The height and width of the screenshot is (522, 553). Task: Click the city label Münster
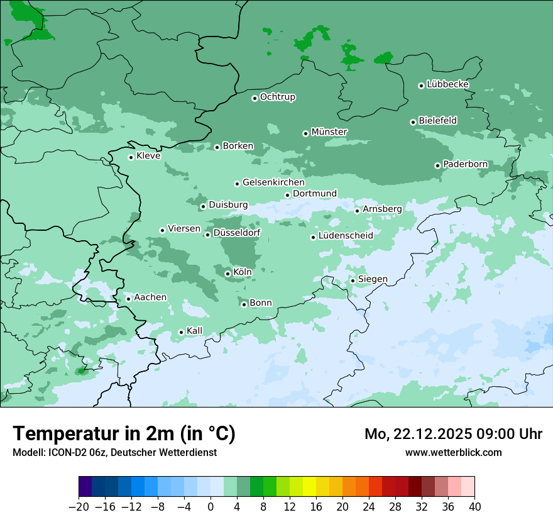(329, 132)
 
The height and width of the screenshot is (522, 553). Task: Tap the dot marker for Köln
(227, 274)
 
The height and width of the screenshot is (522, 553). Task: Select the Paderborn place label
(466, 164)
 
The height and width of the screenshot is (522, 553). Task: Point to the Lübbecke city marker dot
(421, 86)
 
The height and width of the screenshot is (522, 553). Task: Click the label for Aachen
(150, 297)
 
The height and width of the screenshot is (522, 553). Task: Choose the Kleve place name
(148, 156)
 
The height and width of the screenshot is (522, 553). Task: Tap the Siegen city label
(373, 279)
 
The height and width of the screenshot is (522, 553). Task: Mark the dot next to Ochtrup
(255, 98)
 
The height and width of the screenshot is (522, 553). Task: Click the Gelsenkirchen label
(273, 182)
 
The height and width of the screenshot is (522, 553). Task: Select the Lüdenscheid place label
(346, 236)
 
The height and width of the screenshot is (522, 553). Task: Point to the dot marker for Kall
(181, 332)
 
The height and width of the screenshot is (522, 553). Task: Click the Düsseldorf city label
(237, 233)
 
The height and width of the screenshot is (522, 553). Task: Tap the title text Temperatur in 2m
(124, 434)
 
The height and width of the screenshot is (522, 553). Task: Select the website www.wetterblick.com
(454, 452)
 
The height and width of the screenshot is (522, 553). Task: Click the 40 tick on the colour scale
(474, 507)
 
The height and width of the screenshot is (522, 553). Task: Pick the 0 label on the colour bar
(211, 507)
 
